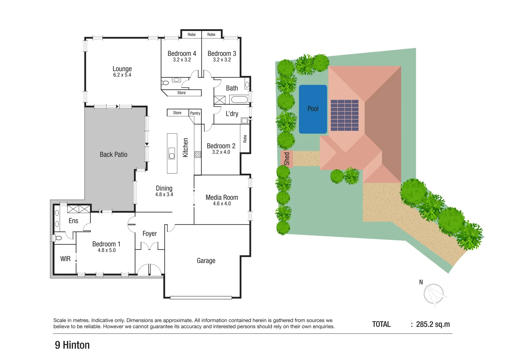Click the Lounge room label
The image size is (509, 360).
(122, 69)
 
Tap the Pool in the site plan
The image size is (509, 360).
(313, 109)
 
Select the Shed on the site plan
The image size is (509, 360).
(287, 159)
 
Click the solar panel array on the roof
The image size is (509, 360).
(344, 115)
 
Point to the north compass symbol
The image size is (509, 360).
(434, 294)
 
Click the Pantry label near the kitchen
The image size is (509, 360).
(195, 113)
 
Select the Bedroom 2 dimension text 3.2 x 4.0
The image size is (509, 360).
(221, 152)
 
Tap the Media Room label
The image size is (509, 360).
(222, 197)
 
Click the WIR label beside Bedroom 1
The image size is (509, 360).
(65, 259)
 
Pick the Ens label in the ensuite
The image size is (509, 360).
(73, 221)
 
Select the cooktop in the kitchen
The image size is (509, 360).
(198, 154)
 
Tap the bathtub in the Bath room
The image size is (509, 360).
(239, 99)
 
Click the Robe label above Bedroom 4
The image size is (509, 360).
(192, 34)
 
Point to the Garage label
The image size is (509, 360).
(206, 261)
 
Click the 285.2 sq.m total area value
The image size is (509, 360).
(433, 324)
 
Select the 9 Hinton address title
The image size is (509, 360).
(72, 345)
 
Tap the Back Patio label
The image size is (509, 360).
(113, 154)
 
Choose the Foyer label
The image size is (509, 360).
(149, 234)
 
